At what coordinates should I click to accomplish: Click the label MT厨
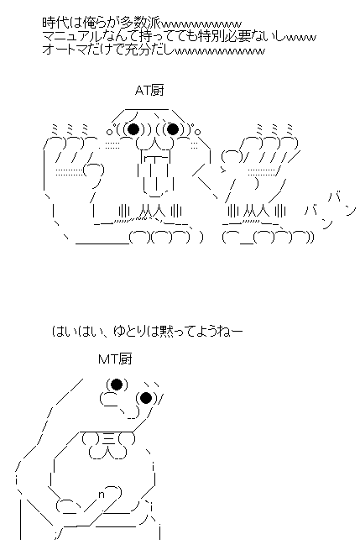[x=114, y=359]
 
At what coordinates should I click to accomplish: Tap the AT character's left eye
[x=133, y=129]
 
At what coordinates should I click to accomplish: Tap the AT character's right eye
[x=174, y=129]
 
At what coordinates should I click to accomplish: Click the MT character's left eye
[x=115, y=385]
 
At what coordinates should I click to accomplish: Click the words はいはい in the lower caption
[x=78, y=332]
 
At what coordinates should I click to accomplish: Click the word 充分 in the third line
[x=133, y=50]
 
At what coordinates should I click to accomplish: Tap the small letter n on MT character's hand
[x=102, y=495]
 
